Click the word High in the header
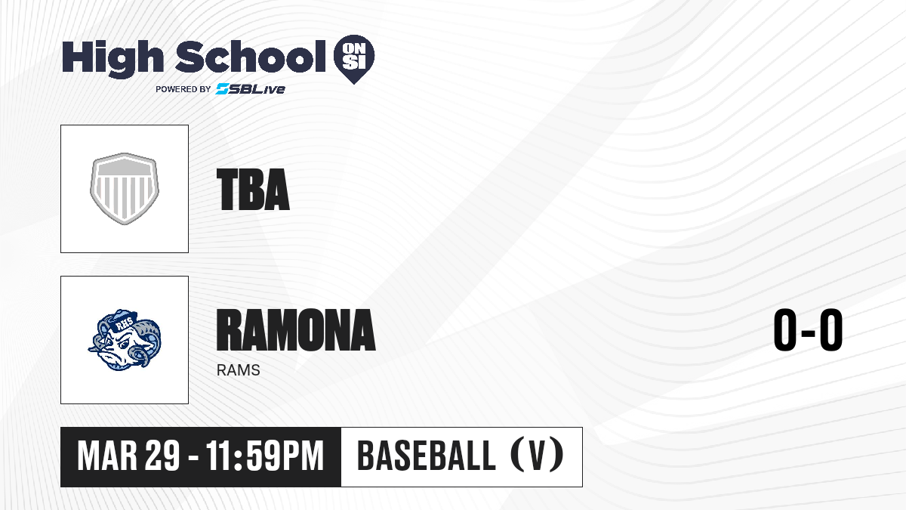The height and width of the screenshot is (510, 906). pyautogui.click(x=112, y=59)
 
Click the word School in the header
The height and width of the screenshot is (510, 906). pyautogui.click(x=251, y=57)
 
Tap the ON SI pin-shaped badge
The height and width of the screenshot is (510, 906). pyautogui.click(x=354, y=59)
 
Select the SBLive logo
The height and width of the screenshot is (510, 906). pyautogui.click(x=251, y=88)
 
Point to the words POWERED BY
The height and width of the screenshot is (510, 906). pyautogui.click(x=183, y=89)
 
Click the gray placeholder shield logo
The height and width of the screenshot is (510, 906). pyautogui.click(x=125, y=189)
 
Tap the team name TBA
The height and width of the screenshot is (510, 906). pyautogui.click(x=253, y=190)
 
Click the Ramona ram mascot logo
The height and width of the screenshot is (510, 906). pyautogui.click(x=125, y=340)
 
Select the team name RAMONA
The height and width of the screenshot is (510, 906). pyautogui.click(x=296, y=330)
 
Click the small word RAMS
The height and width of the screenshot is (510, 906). pyautogui.click(x=239, y=370)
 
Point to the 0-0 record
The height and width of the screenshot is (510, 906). pyautogui.click(x=808, y=330)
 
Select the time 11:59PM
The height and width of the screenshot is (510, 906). pyautogui.click(x=265, y=456)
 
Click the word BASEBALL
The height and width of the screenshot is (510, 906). pyautogui.click(x=427, y=456)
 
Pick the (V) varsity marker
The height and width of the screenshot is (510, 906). pyautogui.click(x=537, y=455)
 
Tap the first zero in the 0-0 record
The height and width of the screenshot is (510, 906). pyautogui.click(x=785, y=330)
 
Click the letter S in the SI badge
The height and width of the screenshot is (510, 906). pyautogui.click(x=349, y=63)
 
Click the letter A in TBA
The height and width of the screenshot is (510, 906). pyautogui.click(x=276, y=190)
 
